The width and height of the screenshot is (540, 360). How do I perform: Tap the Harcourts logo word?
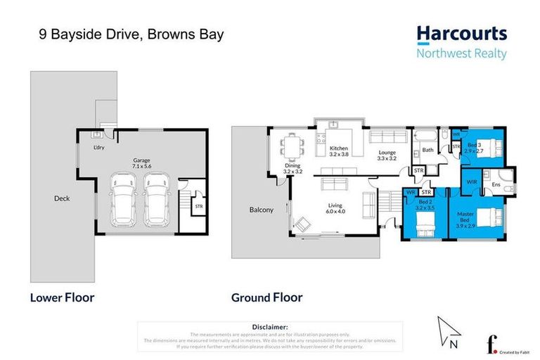(x=461, y=33)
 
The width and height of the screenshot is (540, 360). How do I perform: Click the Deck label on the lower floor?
(x=62, y=198)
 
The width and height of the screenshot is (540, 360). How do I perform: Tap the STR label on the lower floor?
(x=198, y=207)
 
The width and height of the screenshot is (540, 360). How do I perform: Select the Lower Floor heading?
(x=62, y=297)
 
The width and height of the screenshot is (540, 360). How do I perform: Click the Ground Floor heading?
(x=267, y=297)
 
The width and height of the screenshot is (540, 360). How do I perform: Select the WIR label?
(x=471, y=181)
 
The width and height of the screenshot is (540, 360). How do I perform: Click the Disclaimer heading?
(x=270, y=327)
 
